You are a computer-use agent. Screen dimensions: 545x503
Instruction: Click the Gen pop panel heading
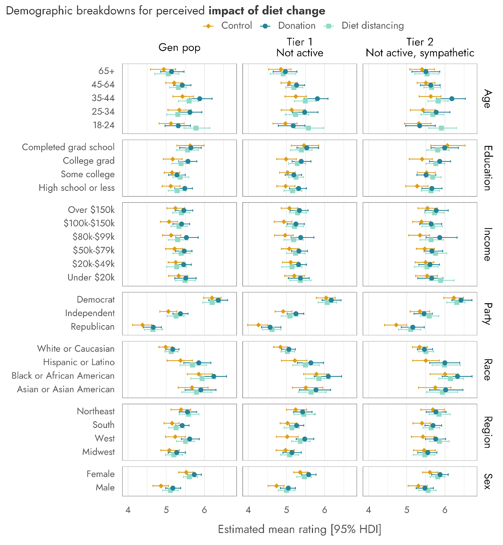pyautogui.click(x=179, y=47)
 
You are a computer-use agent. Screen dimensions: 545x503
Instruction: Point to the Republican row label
pyautogui.click(x=93, y=327)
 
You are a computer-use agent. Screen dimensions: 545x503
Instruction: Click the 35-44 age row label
pyautogui.click(x=103, y=98)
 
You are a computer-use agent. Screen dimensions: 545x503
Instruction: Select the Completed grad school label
pyautogui.click(x=68, y=147)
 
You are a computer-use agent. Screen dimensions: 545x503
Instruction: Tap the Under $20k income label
pyautogui.click(x=91, y=278)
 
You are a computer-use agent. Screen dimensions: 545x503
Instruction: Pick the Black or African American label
pyautogui.click(x=63, y=376)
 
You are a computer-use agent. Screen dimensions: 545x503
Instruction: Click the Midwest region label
pyautogui.click(x=98, y=452)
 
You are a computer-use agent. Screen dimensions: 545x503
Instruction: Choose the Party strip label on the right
pyautogui.click(x=487, y=314)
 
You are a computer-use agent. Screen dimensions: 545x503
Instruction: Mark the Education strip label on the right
pyautogui.click(x=487, y=168)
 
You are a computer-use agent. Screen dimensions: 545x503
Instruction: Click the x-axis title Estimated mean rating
pyautogui.click(x=299, y=529)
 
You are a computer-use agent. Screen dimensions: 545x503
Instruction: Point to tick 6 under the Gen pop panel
pyautogui.click(x=204, y=510)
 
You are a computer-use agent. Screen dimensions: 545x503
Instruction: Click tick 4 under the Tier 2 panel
pyautogui.click(x=368, y=510)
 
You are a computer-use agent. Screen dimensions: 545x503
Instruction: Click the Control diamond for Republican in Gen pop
pyautogui.click(x=142, y=325)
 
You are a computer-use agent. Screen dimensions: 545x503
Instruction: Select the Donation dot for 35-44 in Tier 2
pyautogui.click(x=452, y=99)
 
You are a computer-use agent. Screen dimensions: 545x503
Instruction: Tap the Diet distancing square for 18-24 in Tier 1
pyautogui.click(x=308, y=128)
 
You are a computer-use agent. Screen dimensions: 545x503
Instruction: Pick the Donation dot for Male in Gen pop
pyautogui.click(x=173, y=488)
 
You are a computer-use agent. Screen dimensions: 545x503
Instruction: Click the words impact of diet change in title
pyautogui.click(x=267, y=11)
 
